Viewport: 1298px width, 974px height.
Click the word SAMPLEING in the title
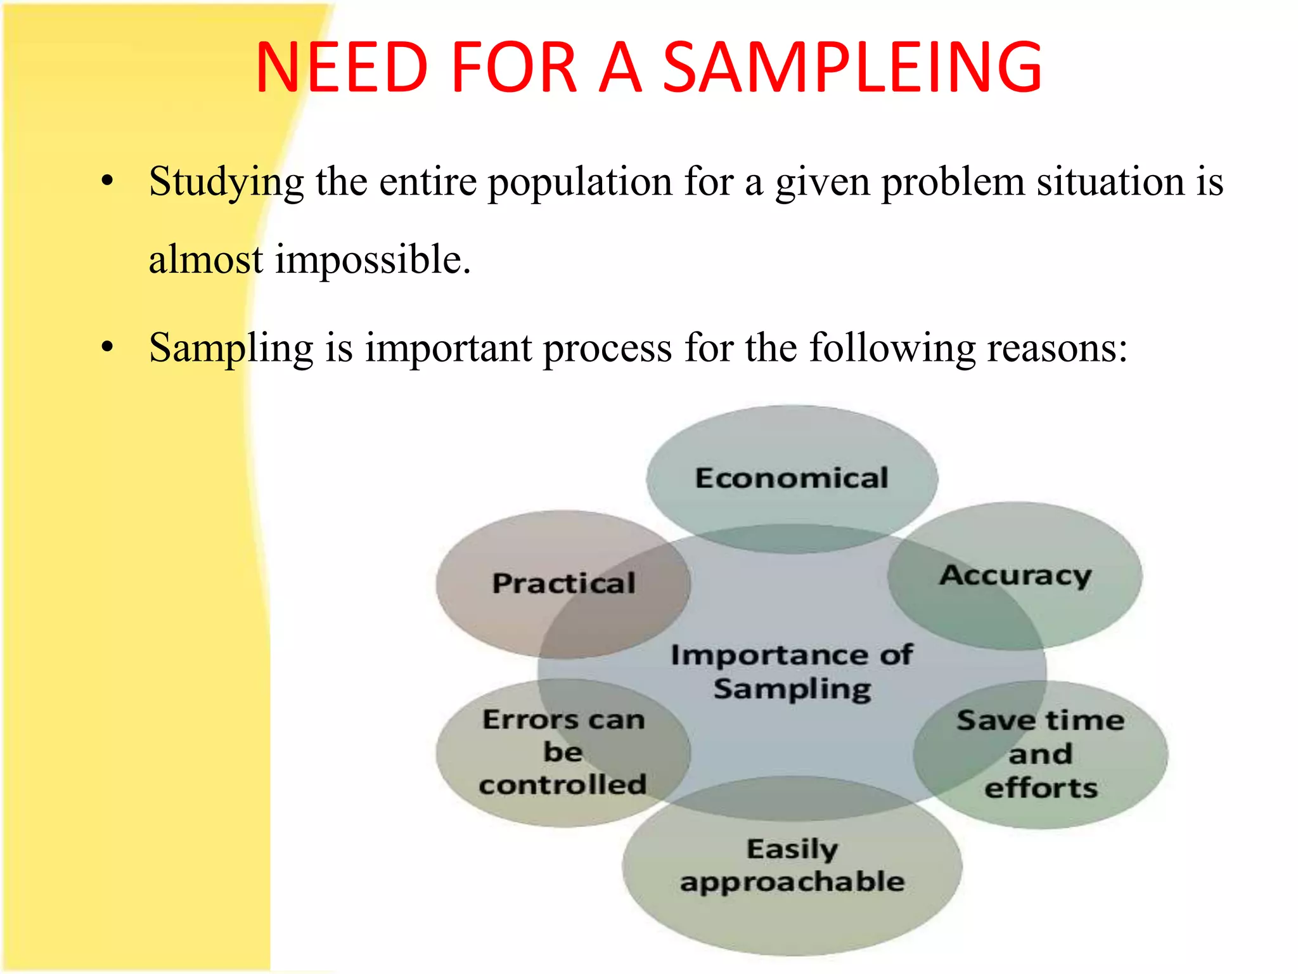click(x=852, y=67)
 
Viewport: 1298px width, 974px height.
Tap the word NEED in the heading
click(x=342, y=67)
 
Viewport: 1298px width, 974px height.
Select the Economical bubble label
click(x=792, y=478)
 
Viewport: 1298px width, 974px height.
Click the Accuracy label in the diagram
click(x=1015, y=576)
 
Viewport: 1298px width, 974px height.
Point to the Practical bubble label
click(x=563, y=583)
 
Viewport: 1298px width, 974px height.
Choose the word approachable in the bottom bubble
click(x=792, y=882)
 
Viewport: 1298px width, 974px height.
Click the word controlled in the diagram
click(x=563, y=785)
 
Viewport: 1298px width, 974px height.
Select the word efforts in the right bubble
click(x=1041, y=788)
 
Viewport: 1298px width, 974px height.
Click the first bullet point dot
click(x=108, y=181)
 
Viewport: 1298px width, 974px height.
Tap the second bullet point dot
click(x=108, y=347)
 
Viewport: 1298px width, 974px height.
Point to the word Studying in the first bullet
click(x=226, y=183)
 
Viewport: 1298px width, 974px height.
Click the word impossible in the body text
click(x=373, y=260)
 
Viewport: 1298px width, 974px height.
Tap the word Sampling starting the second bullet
click(x=231, y=349)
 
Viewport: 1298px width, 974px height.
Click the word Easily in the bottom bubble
click(x=792, y=849)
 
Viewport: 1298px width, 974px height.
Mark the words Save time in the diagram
click(x=1041, y=720)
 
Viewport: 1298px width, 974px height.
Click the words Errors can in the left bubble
click(x=563, y=720)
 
